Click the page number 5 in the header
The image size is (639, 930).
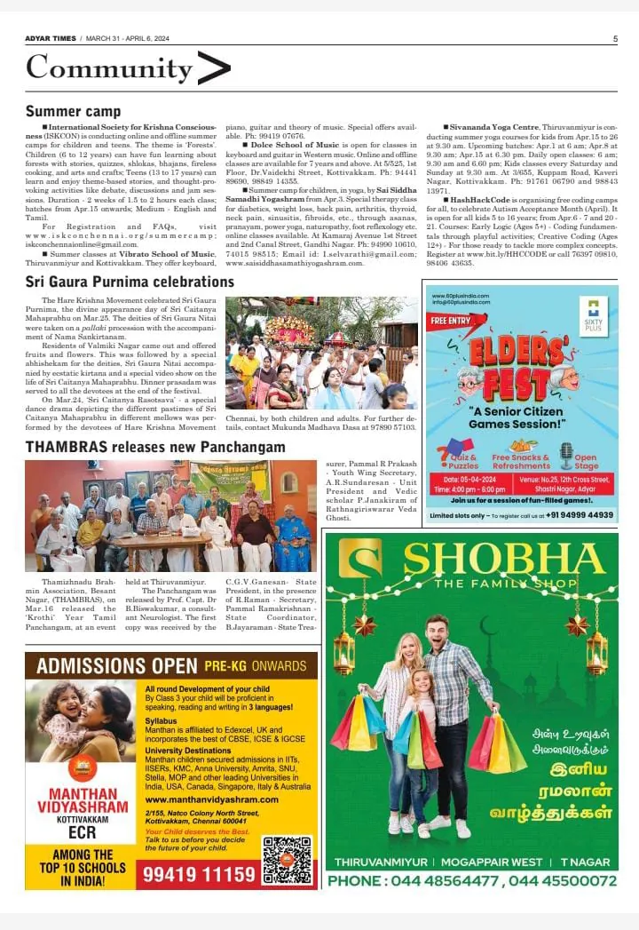[615, 38]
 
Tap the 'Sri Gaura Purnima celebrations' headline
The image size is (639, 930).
[130, 282]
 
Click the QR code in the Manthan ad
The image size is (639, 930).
[288, 859]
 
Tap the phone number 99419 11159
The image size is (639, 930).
[198, 874]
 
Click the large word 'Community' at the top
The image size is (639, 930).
[109, 68]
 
